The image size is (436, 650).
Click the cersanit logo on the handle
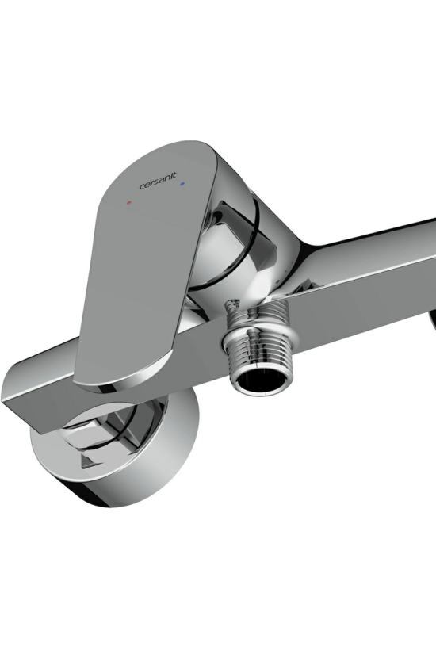[x=158, y=182]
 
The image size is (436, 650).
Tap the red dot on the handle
[x=129, y=203]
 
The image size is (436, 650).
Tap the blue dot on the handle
[x=183, y=183]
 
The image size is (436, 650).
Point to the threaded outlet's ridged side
[x=258, y=331]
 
